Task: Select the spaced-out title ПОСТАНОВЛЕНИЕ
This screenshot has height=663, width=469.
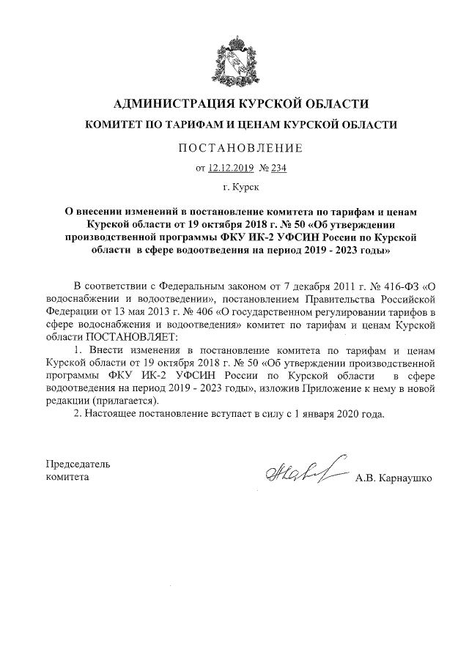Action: [x=241, y=149]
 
